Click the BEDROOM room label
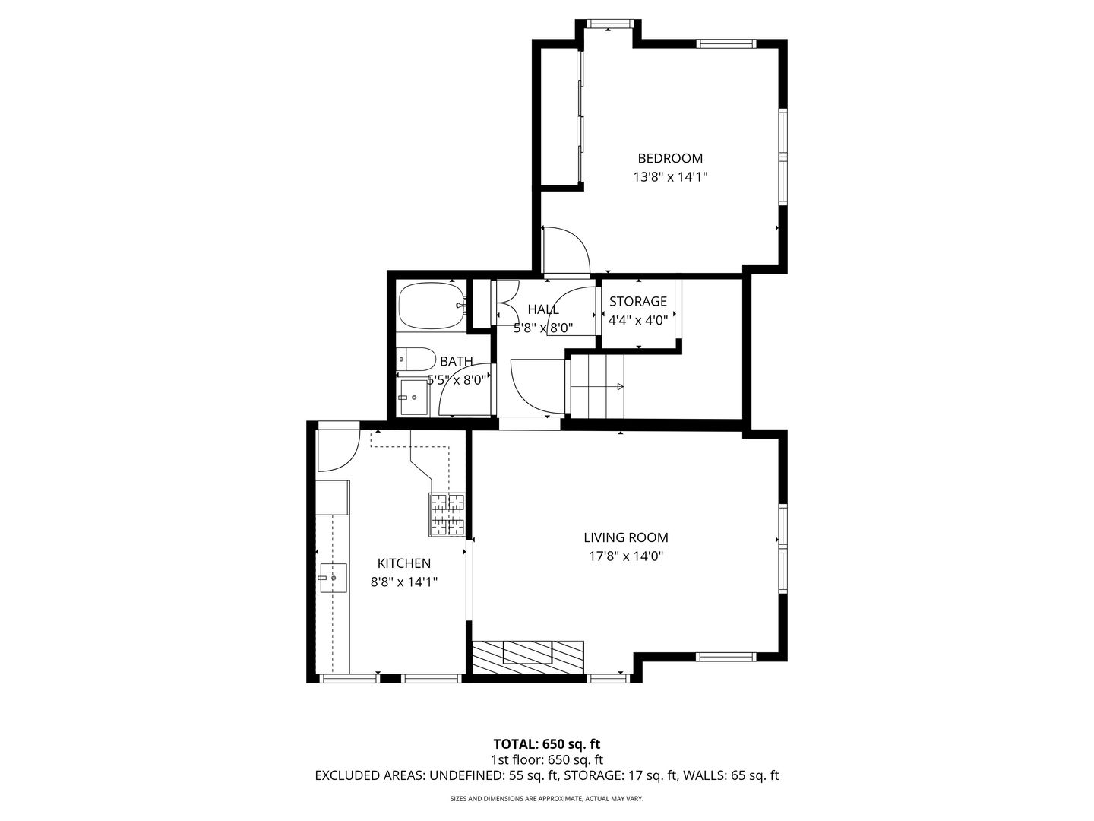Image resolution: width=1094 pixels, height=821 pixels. (x=670, y=159)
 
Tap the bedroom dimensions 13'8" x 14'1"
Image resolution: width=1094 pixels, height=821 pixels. (x=670, y=177)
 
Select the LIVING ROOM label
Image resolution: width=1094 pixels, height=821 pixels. (x=625, y=537)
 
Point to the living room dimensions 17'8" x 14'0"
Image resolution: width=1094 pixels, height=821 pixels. (x=626, y=556)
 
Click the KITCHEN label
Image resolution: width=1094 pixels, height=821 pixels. (x=403, y=563)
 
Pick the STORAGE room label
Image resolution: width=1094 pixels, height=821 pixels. (x=638, y=301)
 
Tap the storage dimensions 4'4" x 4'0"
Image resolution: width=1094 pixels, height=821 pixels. (x=638, y=320)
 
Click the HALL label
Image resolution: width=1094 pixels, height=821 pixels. (x=542, y=309)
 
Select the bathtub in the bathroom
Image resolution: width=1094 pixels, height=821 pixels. (x=432, y=306)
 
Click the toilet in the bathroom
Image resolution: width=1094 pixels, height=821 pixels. (x=416, y=359)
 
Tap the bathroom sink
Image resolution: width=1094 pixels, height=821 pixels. (x=413, y=398)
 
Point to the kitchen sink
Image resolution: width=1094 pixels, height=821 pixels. (x=334, y=578)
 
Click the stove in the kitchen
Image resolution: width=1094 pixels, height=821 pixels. (x=447, y=515)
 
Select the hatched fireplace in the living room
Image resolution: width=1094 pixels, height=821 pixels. (x=528, y=657)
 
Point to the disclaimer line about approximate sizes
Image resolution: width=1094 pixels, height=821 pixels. (x=547, y=798)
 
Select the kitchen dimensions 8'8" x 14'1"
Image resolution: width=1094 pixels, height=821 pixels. (x=404, y=582)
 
